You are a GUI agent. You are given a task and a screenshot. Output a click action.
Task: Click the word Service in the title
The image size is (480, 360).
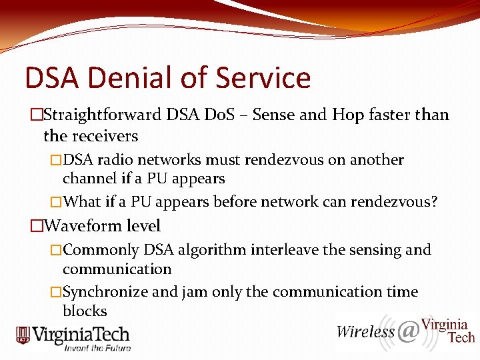[x=264, y=78]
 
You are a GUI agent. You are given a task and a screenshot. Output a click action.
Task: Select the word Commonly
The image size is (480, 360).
[x=101, y=251]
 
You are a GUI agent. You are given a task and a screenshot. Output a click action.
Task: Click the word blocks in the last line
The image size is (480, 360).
[x=85, y=311]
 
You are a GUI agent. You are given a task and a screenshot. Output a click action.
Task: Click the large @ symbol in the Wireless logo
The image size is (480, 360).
[x=407, y=331]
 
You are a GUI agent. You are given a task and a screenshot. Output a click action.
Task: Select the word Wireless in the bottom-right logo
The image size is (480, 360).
[x=365, y=332]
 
